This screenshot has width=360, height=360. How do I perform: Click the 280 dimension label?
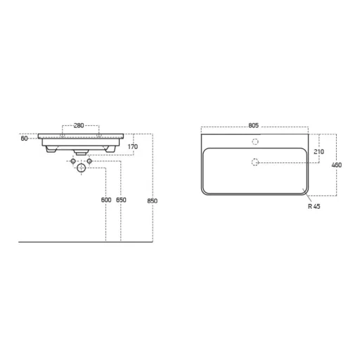[79, 126]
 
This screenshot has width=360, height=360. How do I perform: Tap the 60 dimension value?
[24, 139]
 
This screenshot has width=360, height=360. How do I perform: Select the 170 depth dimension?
[133, 147]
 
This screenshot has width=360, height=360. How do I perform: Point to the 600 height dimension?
[106, 200]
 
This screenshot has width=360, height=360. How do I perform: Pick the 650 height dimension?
[121, 200]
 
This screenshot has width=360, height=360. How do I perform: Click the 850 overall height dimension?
[153, 201]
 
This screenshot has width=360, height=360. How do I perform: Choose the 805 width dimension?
[253, 126]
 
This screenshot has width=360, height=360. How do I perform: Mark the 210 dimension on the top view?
[319, 152]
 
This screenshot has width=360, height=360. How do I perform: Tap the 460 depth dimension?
[337, 165]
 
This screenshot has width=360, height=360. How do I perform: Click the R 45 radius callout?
[314, 206]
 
